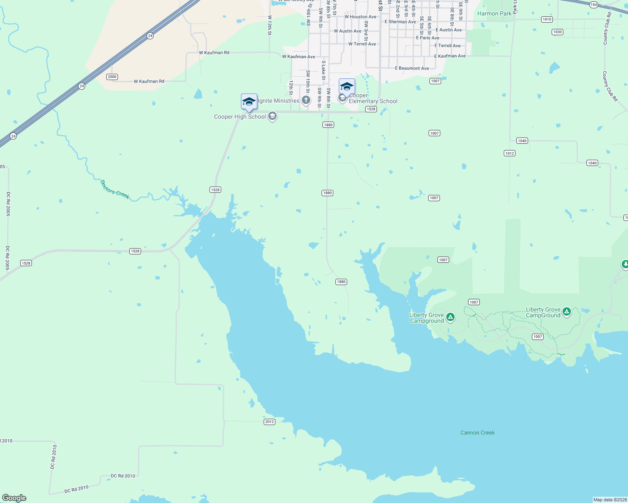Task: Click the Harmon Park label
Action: click(494, 13)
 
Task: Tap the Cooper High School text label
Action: click(240, 117)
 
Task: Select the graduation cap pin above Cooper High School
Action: click(249, 102)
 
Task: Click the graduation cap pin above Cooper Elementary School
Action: click(347, 87)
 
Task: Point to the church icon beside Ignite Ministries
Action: click(306, 100)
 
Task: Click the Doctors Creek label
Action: click(115, 189)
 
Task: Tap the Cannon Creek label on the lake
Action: click(477, 433)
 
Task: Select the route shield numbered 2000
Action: click(112, 77)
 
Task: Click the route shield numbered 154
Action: click(593, 5)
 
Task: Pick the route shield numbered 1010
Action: click(547, 19)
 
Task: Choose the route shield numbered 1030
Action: click(557, 32)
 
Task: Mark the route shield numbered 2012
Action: click(270, 422)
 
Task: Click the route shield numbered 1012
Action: click(510, 153)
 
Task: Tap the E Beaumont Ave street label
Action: click(412, 68)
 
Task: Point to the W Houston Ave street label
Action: click(360, 17)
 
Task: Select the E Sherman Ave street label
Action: click(400, 22)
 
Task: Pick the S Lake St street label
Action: click(324, 70)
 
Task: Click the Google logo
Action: click(14, 498)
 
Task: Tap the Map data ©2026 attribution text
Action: click(610, 500)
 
